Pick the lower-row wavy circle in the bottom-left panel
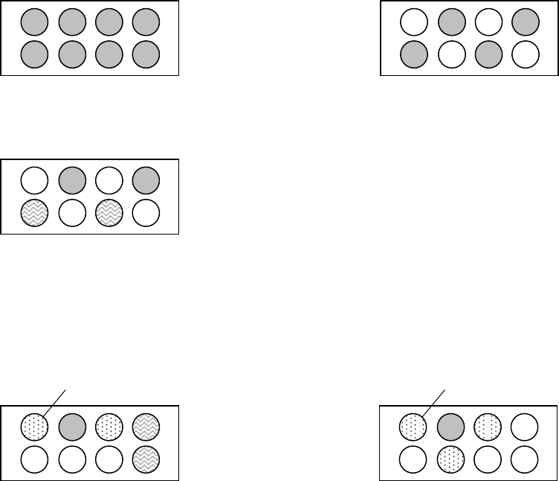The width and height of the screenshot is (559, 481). coord(146,457)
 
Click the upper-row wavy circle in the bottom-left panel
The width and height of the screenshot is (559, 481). coord(146,427)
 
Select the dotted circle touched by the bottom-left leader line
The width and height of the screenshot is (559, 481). coord(34,427)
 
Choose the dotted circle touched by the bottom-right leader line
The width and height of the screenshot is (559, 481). coord(413,427)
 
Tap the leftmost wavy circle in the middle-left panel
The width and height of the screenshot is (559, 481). coord(34,212)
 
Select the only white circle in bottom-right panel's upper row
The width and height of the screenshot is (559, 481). coord(524,427)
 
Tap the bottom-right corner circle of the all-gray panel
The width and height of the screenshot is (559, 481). coord(146,54)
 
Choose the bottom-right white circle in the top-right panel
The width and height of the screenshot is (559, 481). coord(524,54)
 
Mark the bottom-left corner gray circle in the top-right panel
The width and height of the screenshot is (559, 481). coord(413,54)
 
